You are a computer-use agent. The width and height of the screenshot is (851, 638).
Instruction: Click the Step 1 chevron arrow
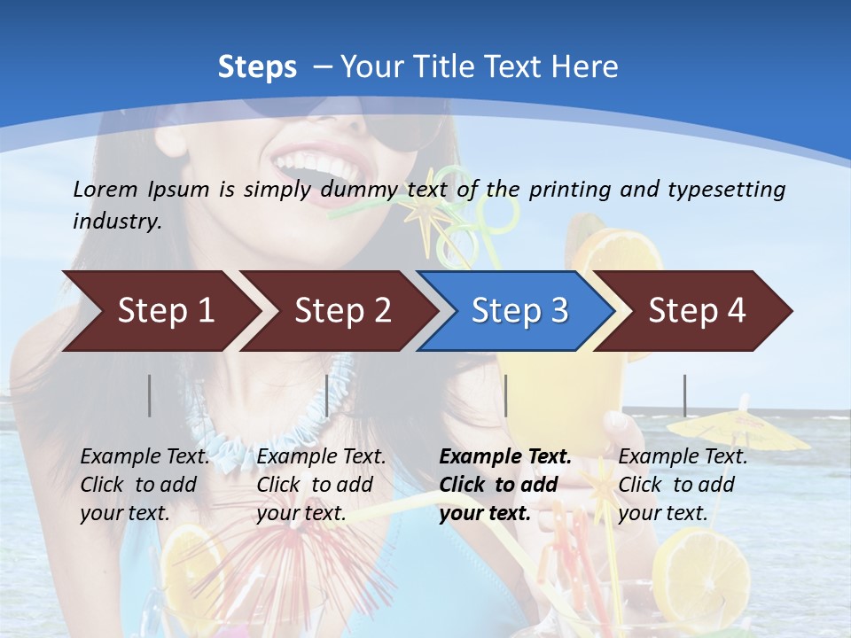pyautogui.click(x=165, y=311)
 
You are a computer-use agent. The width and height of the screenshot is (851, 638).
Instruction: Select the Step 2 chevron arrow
pyautogui.click(x=342, y=311)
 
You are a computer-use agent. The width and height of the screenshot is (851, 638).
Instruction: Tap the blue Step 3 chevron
pyautogui.click(x=519, y=311)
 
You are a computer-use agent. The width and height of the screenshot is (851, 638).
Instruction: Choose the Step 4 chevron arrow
pyautogui.click(x=697, y=311)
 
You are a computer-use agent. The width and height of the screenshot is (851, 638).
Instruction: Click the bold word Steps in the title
pyautogui.click(x=257, y=67)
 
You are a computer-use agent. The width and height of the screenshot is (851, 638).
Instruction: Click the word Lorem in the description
pyautogui.click(x=105, y=189)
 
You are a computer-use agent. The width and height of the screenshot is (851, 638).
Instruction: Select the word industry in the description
pyautogui.click(x=116, y=222)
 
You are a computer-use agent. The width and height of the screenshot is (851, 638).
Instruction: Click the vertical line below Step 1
pyautogui.click(x=150, y=395)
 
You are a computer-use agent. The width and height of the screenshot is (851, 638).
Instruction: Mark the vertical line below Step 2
pyautogui.click(x=327, y=395)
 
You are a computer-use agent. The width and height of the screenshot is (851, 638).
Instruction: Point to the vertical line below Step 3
pyautogui.click(x=505, y=395)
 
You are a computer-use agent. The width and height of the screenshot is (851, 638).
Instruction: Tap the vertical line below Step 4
pyautogui.click(x=684, y=395)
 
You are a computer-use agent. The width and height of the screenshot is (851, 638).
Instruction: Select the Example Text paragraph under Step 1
pyautogui.click(x=144, y=485)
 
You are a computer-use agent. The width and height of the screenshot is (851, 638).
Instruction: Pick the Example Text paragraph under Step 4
pyautogui.click(x=683, y=485)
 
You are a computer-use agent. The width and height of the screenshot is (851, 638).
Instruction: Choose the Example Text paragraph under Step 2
pyautogui.click(x=321, y=485)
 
